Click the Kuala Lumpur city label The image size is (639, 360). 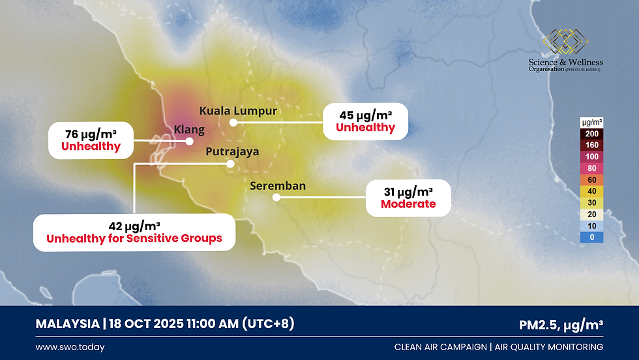point(238,111)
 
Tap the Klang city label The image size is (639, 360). point(189,130)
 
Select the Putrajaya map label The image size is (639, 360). point(232,152)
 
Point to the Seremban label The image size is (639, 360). point(278,187)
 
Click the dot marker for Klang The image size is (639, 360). point(190,140)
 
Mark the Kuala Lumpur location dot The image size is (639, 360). point(233,122)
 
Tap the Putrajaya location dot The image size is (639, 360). point(230,164)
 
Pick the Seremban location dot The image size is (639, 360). point(276,198)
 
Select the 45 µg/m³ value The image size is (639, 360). point(365,115)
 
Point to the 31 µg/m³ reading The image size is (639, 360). point(408,192)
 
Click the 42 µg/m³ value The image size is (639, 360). point(134,226)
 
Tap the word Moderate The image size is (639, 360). point(408,204)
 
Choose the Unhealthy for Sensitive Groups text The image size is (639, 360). point(134,239)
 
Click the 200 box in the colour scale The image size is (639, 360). point(591,134)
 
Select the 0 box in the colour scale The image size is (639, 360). point(591,237)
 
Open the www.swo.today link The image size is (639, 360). point(70,347)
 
